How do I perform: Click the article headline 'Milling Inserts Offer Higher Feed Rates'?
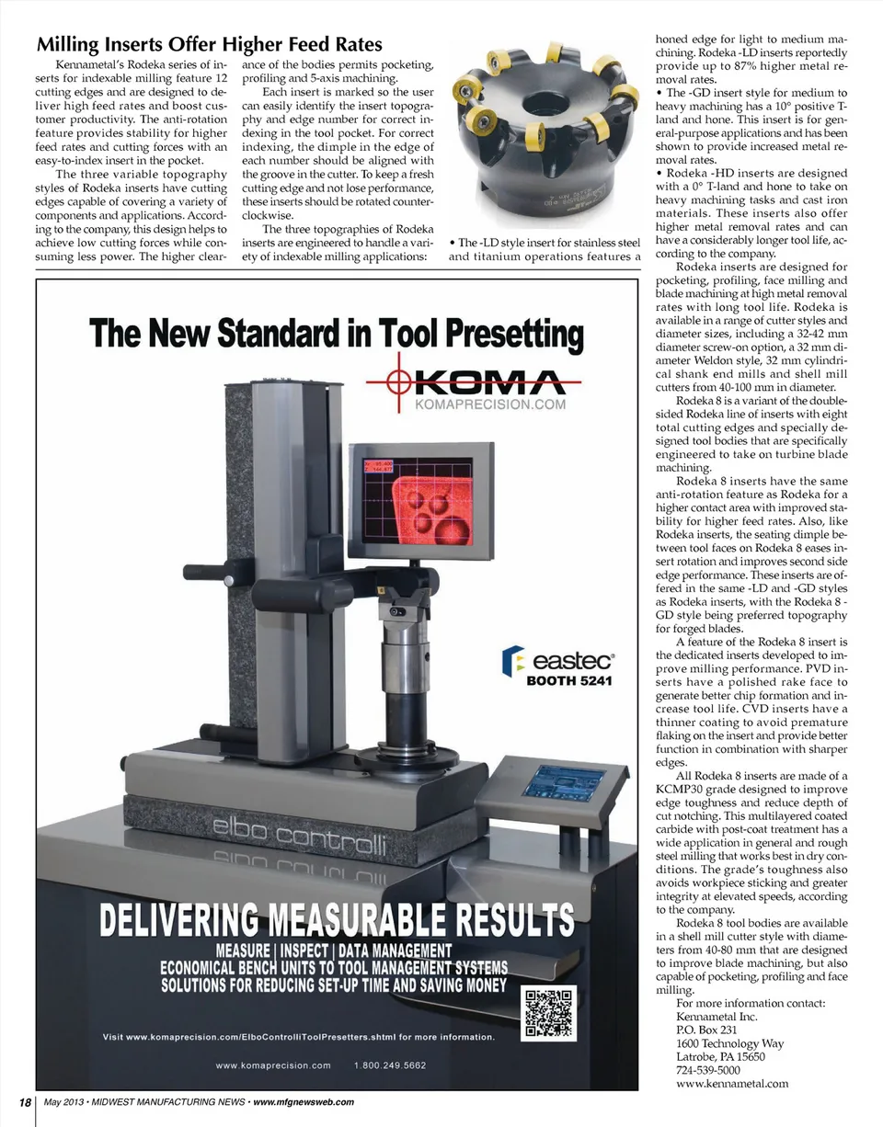pyautogui.click(x=209, y=44)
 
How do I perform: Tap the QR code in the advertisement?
pyautogui.click(x=549, y=1013)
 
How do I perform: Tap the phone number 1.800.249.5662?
pyautogui.click(x=389, y=1065)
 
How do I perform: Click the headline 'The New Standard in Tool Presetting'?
pyautogui.click(x=336, y=335)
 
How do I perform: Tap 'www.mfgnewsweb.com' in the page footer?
pyautogui.click(x=303, y=1102)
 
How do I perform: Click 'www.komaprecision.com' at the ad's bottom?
pyautogui.click(x=272, y=1065)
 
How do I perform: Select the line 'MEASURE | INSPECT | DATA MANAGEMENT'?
pyautogui.click(x=333, y=951)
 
